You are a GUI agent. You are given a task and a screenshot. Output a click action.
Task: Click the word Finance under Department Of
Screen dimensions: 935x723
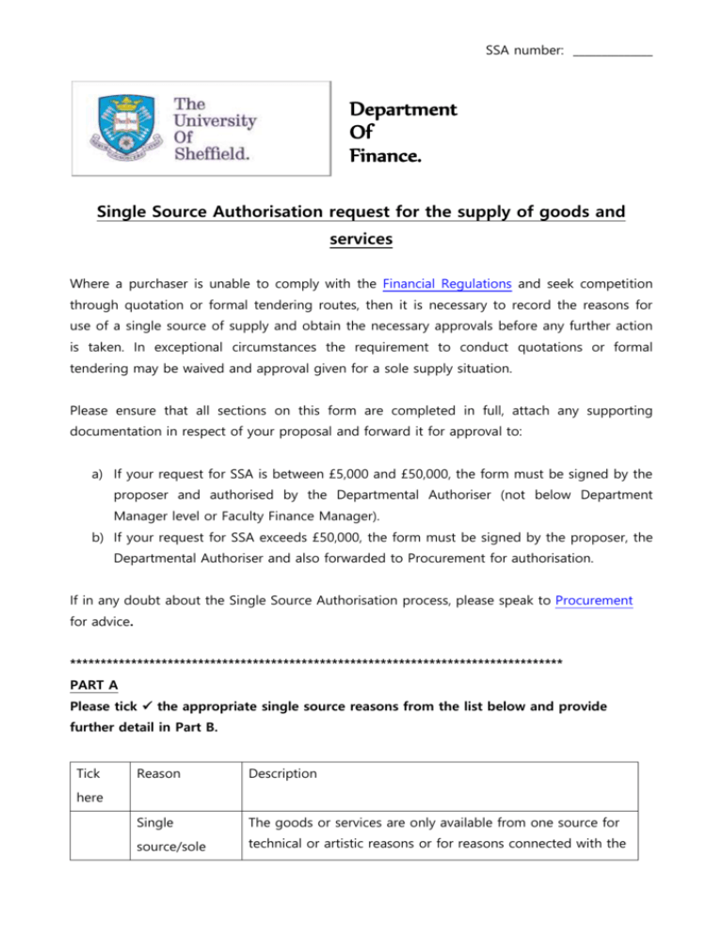click(386, 151)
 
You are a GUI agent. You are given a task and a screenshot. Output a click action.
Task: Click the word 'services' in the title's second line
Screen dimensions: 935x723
click(361, 240)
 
